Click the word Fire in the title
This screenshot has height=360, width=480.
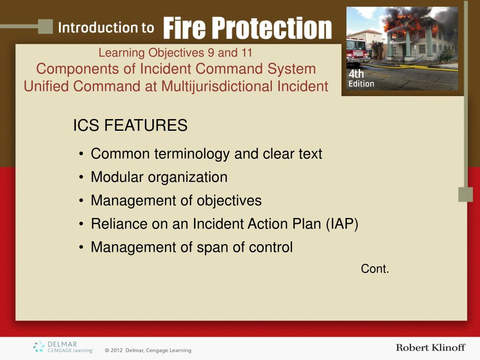(x=184, y=28)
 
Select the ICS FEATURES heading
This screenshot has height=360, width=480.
(x=130, y=125)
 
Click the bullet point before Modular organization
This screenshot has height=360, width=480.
(x=81, y=177)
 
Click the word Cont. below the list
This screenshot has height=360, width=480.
(x=375, y=269)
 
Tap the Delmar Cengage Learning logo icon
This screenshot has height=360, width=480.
(x=39, y=346)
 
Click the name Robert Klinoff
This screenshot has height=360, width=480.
(x=430, y=347)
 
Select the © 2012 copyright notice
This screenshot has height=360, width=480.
(x=148, y=350)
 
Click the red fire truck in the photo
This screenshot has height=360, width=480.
(x=357, y=52)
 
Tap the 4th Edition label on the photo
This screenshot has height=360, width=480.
(x=361, y=78)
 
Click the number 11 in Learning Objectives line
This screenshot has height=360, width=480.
(x=247, y=52)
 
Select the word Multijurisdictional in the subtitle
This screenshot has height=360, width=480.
(x=217, y=86)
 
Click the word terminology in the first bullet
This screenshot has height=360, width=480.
(x=192, y=154)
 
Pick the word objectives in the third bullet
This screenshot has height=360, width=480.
(x=229, y=201)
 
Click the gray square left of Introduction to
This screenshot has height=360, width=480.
(x=45, y=27)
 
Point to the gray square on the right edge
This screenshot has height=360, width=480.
(x=465, y=195)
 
